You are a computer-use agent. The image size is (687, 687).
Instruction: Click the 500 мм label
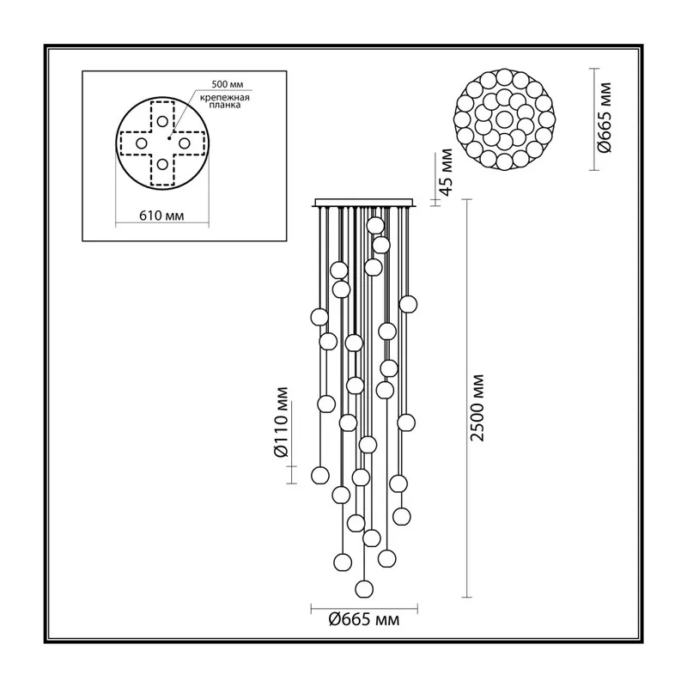pyautogui.click(x=227, y=84)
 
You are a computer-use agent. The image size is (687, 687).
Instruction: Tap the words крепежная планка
pyautogui.click(x=225, y=101)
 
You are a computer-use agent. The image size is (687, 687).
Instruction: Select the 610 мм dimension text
pyautogui.click(x=161, y=216)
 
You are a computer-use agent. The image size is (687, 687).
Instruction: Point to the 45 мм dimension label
pyautogui.click(x=446, y=173)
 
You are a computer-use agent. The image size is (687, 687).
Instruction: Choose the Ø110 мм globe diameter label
pyautogui.click(x=282, y=423)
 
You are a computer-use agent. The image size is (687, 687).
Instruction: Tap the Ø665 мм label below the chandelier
pyautogui.click(x=364, y=619)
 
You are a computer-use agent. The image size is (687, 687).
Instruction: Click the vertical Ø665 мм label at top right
pyautogui.click(x=605, y=118)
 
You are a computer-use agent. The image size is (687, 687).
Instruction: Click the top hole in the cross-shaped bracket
pyautogui.click(x=162, y=121)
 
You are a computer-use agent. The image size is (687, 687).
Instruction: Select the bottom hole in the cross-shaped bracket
pyautogui.click(x=162, y=165)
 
